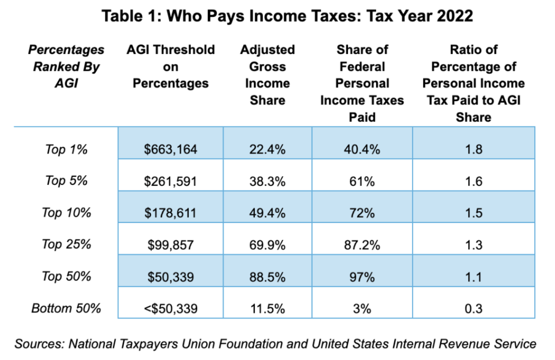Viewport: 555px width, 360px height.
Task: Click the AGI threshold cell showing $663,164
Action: pos(170,149)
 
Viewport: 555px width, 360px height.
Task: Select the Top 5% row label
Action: pos(66,181)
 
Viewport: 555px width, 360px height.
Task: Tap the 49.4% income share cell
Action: pos(267,213)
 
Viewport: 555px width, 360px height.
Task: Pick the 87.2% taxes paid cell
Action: pos(362,245)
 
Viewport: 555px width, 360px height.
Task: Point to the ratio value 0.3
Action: pos(473,309)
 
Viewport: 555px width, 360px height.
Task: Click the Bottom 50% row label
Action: pos(66,308)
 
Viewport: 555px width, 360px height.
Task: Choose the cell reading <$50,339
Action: pos(170,309)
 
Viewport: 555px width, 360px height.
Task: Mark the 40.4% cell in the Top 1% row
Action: pos(362,149)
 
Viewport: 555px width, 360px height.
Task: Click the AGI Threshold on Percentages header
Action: pos(170,66)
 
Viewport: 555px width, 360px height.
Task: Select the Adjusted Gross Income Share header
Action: pos(267,75)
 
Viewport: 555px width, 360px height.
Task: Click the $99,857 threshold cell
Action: pos(170,245)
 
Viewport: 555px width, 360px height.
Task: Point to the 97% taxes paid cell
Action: pos(362,277)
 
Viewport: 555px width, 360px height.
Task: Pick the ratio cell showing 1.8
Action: pos(473,149)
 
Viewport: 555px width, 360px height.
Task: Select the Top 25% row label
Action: pos(66,244)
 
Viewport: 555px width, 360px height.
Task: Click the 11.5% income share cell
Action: pos(267,309)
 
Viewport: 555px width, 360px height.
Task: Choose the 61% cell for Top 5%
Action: pos(362,182)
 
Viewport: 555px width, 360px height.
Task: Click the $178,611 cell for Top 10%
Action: pos(170,213)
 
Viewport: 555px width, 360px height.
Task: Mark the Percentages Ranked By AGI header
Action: pos(66,66)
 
